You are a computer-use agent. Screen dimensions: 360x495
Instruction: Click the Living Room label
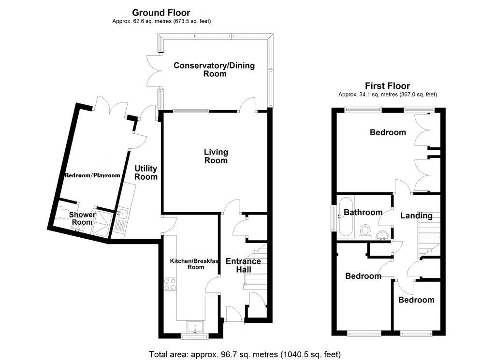(x=216, y=156)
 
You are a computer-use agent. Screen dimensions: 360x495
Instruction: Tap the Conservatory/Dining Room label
(x=214, y=70)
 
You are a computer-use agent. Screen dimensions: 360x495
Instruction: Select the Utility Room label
(x=146, y=173)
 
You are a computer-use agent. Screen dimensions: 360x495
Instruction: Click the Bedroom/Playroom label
(x=92, y=175)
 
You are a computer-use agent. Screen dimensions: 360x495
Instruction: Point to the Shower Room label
(x=82, y=218)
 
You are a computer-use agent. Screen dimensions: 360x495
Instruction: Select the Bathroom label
(x=363, y=212)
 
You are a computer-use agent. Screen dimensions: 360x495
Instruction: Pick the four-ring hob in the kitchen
(x=170, y=284)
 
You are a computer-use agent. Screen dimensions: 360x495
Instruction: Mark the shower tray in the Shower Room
(x=102, y=223)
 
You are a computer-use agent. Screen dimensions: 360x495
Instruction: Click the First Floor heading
(x=388, y=86)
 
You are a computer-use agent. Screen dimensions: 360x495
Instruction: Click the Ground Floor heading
(x=161, y=13)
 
